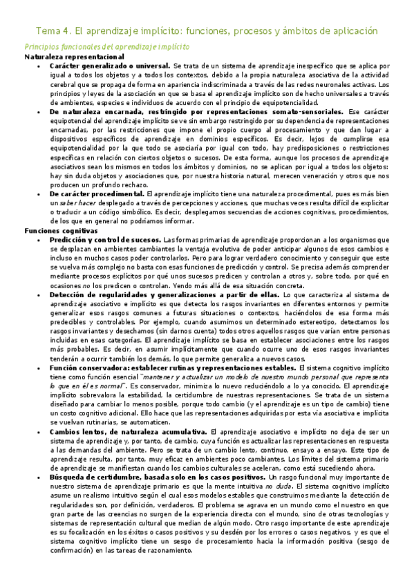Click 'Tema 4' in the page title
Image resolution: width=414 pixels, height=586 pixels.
[x=52, y=31]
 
